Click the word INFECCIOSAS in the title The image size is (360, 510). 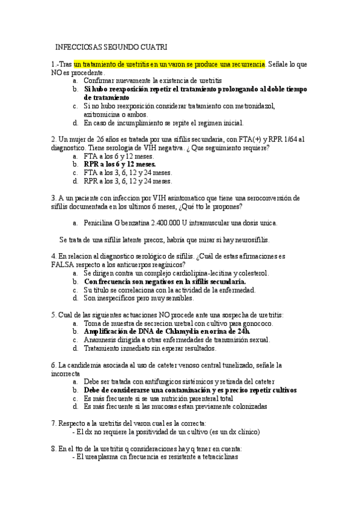(76, 47)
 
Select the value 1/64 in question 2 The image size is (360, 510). (296, 139)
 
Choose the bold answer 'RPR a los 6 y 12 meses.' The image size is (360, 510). (120, 164)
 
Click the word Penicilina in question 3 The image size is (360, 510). (100, 223)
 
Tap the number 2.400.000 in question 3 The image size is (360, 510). (169, 223)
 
